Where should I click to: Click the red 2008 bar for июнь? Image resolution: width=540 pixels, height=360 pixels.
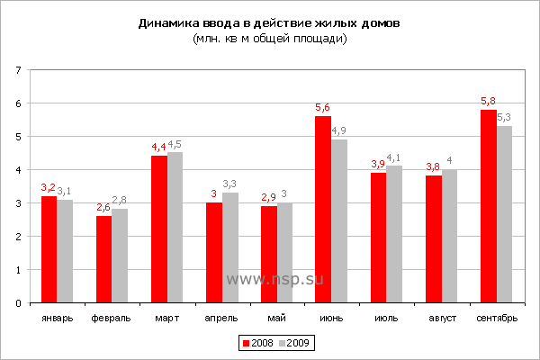pyautogui.click(x=323, y=210)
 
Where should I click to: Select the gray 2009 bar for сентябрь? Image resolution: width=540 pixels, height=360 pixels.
pyautogui.click(x=504, y=214)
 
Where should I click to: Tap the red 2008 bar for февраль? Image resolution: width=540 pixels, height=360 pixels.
pyautogui.click(x=103, y=259)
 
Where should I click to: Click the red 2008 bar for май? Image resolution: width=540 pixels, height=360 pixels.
pyautogui.click(x=268, y=255)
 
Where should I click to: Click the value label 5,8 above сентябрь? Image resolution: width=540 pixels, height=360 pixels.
pyautogui.click(x=488, y=101)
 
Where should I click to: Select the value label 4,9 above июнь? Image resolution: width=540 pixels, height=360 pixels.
pyautogui.click(x=339, y=130)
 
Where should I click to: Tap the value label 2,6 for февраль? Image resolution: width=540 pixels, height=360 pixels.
pyautogui.click(x=103, y=207)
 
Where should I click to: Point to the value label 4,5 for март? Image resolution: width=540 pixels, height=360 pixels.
pyautogui.click(x=175, y=144)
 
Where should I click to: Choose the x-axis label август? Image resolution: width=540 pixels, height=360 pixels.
pyautogui.click(x=441, y=318)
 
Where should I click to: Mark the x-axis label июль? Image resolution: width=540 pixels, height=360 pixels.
pyautogui.click(x=385, y=318)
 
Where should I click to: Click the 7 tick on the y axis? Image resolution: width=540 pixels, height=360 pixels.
pyautogui.click(x=20, y=70)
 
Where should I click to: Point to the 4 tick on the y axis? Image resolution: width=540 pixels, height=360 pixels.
pyautogui.click(x=20, y=170)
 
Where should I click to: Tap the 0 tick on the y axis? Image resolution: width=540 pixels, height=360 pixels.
pyautogui.click(x=20, y=303)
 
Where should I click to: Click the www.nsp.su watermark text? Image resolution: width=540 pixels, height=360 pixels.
pyautogui.click(x=274, y=279)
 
